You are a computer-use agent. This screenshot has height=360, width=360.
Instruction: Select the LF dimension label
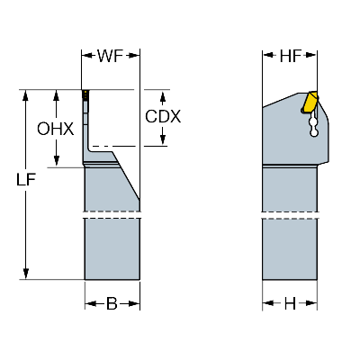[x=30, y=181]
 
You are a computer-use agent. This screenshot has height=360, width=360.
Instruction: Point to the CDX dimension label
[x=163, y=117]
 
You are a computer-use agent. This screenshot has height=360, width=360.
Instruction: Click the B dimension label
[x=112, y=303]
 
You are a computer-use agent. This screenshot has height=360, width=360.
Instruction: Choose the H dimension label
[x=289, y=303]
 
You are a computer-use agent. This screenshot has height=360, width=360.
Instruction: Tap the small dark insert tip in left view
[x=86, y=94]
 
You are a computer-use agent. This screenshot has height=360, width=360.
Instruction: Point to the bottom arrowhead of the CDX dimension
[x=163, y=142]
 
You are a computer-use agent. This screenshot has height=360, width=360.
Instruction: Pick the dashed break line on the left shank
[x=112, y=216]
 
